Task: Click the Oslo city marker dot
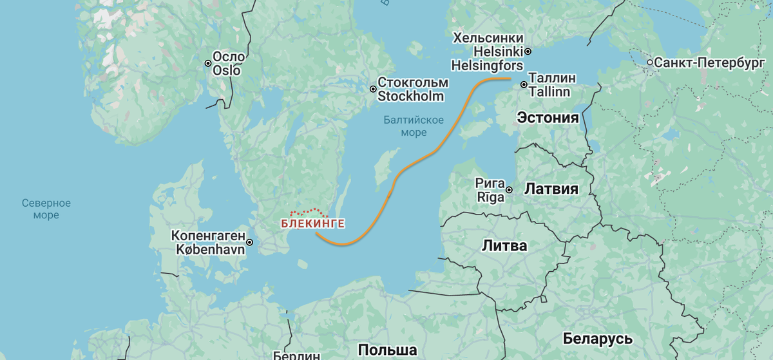(208, 63)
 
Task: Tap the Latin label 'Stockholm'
(410, 97)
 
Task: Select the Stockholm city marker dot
(373, 90)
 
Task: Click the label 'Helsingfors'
(488, 65)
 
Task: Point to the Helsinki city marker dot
(528, 51)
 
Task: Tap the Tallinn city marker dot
(524, 84)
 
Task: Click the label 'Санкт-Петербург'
(709, 63)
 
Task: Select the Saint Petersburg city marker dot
(649, 63)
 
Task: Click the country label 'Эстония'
(548, 117)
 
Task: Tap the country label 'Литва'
(504, 245)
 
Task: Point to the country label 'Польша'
(387, 350)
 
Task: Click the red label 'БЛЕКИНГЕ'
(312, 224)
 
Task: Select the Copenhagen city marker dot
(250, 242)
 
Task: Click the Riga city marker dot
(509, 190)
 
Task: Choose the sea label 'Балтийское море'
(414, 126)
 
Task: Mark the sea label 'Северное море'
(46, 209)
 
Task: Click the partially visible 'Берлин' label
(297, 355)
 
